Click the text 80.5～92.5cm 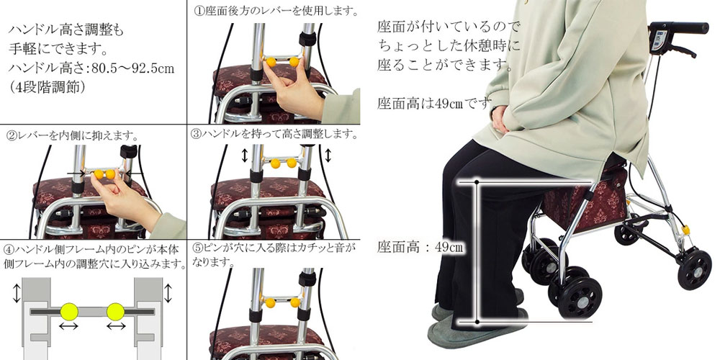(132, 69)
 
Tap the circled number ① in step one (199, 11)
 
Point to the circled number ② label (11, 136)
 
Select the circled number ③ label (196, 134)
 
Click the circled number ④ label (9, 251)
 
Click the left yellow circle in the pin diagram (69, 312)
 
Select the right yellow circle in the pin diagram (115, 312)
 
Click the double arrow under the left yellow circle (69, 326)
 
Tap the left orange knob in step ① (271, 61)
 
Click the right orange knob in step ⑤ (294, 302)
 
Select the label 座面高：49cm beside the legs (420, 247)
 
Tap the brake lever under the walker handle (679, 50)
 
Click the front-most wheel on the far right (694, 269)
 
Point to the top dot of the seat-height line (477, 182)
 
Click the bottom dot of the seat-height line (477, 322)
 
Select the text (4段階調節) (47, 87)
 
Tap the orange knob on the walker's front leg (686, 230)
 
